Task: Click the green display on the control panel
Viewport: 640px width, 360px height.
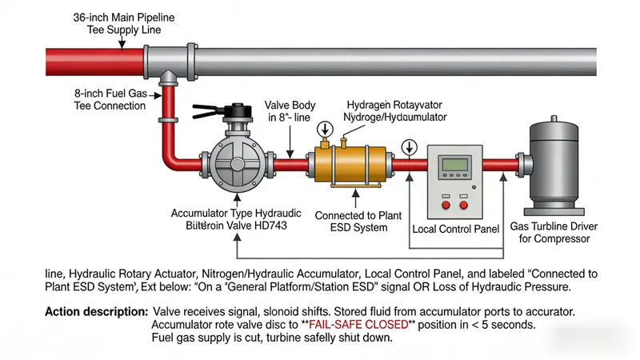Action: pyautogui.click(x=454, y=163)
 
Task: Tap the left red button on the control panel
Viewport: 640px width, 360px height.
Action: pyautogui.click(x=442, y=205)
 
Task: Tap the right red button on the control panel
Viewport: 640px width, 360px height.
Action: pyautogui.click(x=464, y=205)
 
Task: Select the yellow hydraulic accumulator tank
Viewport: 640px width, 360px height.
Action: pyautogui.click(x=351, y=165)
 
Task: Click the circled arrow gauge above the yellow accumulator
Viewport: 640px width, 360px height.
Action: pyautogui.click(x=325, y=129)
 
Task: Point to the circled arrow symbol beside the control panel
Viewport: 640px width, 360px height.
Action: pyautogui.click(x=410, y=146)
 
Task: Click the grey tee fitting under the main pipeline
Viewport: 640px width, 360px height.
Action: pyautogui.click(x=169, y=78)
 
